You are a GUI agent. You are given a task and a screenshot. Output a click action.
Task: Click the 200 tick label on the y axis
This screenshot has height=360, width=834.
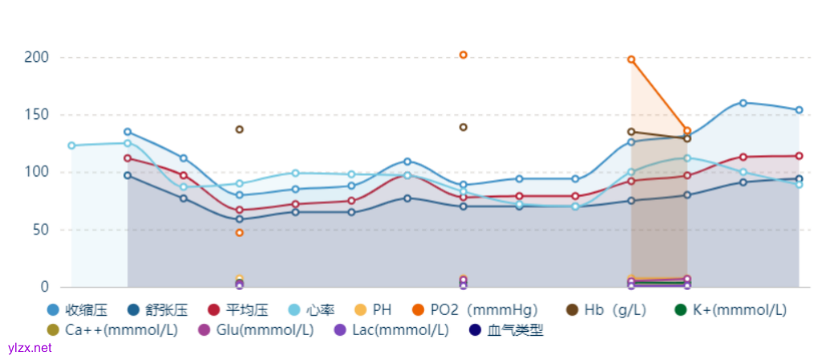tap(37, 58)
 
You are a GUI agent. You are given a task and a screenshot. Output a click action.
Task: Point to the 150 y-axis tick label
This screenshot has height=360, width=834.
tap(37, 115)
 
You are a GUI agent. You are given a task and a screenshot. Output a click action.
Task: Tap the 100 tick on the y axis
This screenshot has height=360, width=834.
tap(37, 173)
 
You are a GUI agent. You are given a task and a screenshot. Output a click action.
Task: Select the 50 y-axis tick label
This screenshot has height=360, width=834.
tap(40, 230)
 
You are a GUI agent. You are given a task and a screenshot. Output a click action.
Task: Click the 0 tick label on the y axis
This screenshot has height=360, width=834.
tap(44, 287)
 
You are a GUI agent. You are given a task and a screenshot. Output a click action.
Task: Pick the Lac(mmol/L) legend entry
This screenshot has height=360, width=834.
tap(400, 330)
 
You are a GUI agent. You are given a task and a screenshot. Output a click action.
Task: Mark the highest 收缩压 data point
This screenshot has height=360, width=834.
tap(743, 103)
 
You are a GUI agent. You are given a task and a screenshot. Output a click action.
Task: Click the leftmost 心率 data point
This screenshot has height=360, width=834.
tap(72, 145)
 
